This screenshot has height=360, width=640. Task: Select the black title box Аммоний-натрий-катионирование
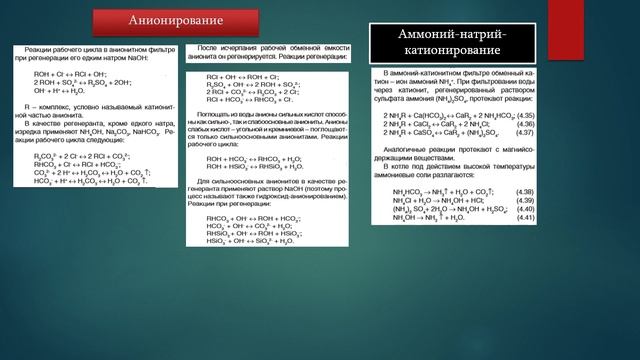(452, 42)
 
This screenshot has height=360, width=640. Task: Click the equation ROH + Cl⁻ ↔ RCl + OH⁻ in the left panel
(70, 72)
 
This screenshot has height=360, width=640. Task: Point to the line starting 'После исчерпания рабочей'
(270, 49)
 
